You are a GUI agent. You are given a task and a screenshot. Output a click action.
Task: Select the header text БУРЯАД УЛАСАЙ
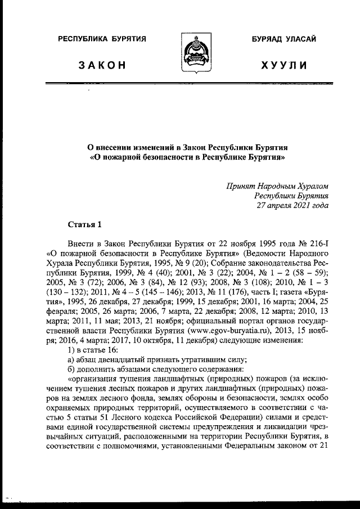pyautogui.click(x=283, y=39)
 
